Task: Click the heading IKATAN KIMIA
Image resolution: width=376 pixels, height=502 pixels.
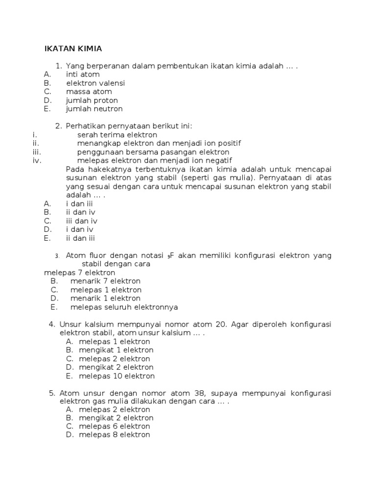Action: (x=73, y=49)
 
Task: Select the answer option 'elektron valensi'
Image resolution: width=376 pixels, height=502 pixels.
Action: (x=95, y=83)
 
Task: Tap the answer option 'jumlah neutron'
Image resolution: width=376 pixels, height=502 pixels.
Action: (x=94, y=109)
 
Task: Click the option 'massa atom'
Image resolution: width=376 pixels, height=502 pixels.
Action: (x=89, y=92)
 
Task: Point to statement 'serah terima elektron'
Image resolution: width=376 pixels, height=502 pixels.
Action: (x=117, y=134)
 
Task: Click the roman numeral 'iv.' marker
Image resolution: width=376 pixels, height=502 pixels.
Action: (x=37, y=160)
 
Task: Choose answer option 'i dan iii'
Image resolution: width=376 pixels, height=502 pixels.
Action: (x=79, y=203)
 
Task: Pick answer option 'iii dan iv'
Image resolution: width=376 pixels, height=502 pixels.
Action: (x=82, y=221)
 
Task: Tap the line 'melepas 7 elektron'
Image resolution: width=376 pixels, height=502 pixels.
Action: (x=80, y=273)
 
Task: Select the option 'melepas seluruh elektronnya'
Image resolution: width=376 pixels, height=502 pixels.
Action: (x=124, y=307)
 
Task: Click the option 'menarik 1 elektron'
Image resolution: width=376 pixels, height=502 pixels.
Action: (x=105, y=298)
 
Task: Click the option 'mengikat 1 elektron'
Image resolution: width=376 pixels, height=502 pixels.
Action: (x=116, y=350)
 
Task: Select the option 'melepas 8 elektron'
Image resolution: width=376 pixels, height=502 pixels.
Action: (x=115, y=435)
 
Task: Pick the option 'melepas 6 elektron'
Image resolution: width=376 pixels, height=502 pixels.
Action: (x=115, y=427)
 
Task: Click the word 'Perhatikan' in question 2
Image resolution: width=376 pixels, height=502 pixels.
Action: (x=84, y=126)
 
